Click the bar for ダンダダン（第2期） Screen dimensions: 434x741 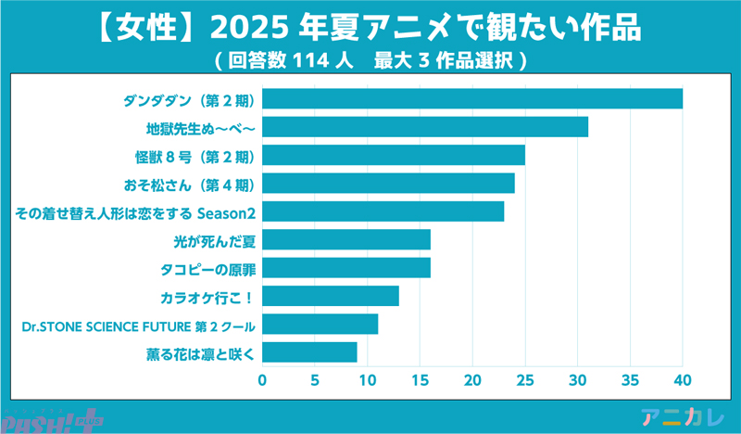point(472,98)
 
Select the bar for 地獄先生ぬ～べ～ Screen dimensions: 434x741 point(425,126)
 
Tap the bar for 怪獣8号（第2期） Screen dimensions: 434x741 point(394,155)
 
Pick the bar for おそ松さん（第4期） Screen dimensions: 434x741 point(388,183)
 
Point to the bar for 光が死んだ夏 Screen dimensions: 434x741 point(346,240)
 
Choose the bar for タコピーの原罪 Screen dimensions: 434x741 point(346,269)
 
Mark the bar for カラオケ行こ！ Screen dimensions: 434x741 point(331,297)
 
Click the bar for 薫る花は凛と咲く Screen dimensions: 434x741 point(309,352)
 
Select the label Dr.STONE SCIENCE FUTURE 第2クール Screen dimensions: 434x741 point(138,325)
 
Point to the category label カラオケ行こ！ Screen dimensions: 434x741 point(207,298)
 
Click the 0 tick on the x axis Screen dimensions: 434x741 point(262,380)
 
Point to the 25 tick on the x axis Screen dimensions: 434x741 point(525,380)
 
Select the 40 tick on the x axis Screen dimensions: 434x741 point(683,380)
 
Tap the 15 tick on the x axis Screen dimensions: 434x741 point(420,380)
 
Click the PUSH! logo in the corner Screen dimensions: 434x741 point(51,420)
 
